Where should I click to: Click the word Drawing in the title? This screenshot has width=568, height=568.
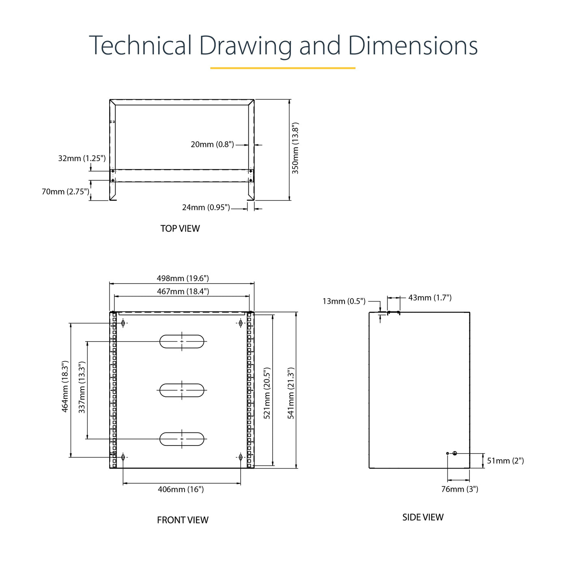245,47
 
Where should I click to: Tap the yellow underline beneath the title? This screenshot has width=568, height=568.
283,68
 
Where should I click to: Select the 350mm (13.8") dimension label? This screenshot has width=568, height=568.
295,148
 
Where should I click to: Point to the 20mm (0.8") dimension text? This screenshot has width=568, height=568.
212,144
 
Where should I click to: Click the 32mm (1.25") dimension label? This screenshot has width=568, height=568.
82,158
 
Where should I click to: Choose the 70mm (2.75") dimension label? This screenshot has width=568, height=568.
65,191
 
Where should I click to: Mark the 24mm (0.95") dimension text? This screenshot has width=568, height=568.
206,207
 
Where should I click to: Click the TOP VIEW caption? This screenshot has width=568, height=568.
180,228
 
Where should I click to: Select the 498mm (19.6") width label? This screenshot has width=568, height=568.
183,278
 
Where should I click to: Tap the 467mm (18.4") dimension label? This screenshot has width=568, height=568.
183,292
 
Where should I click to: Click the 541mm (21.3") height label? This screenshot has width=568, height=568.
291,393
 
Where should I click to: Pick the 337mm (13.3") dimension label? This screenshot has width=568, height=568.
82,387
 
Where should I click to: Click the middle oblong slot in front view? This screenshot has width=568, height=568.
182,390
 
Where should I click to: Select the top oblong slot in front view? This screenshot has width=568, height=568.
182,341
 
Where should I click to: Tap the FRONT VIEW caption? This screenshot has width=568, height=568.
183,520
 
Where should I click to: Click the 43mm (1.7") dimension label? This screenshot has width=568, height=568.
430,298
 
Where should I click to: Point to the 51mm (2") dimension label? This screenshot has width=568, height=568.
506,461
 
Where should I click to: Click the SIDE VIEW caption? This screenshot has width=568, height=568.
423,517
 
